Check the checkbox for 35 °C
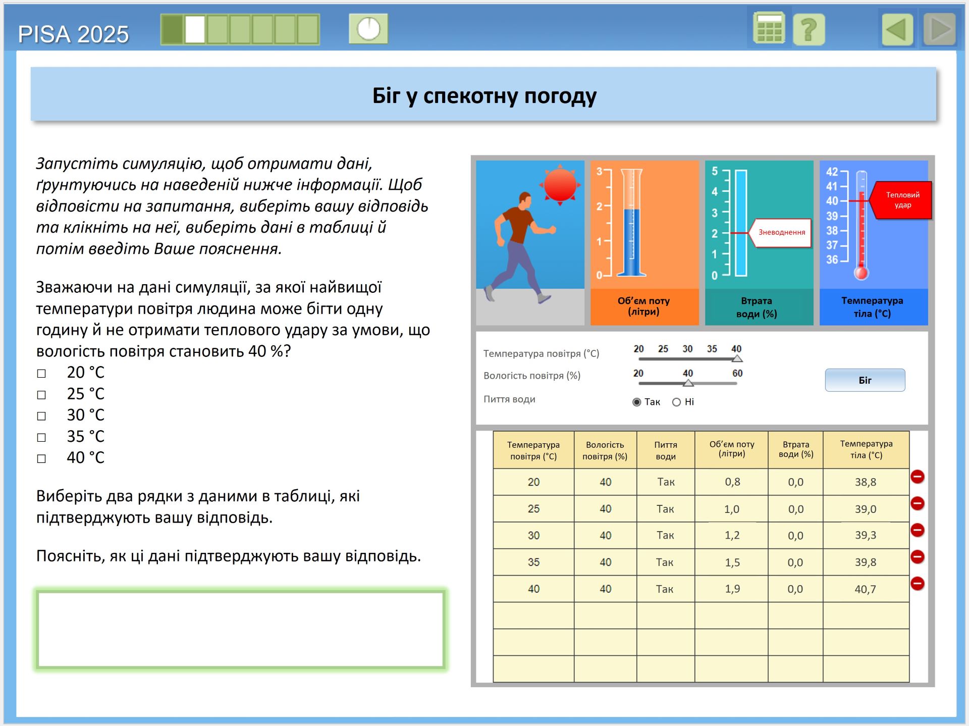(41, 437)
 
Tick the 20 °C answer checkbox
(41, 373)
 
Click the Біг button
(865, 380)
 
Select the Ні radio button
(676, 402)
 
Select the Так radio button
(637, 402)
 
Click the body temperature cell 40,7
(865, 589)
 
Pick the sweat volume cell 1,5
(732, 562)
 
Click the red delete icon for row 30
(917, 530)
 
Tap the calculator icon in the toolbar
(768, 29)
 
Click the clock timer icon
(368, 29)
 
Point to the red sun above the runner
(560, 185)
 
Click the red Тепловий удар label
(902, 200)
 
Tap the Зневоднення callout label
(781, 232)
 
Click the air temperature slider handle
(737, 358)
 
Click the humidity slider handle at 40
(688, 383)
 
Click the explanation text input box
(240, 629)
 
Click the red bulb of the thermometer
(861, 273)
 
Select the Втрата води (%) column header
(795, 449)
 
